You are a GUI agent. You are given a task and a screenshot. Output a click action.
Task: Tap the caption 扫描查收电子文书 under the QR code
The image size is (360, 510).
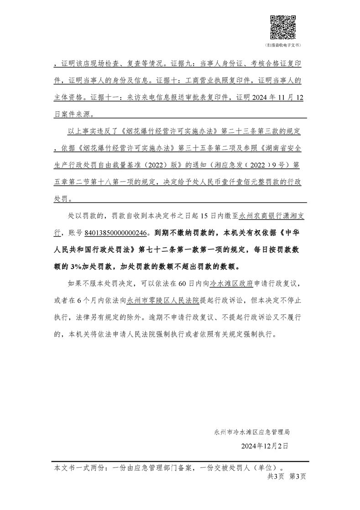pyautogui.click(x=283, y=46)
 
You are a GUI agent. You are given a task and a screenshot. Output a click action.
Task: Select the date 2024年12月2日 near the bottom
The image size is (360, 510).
pyautogui.click(x=265, y=446)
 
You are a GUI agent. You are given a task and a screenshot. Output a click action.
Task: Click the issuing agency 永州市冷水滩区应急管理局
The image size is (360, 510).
pyautogui.click(x=252, y=431)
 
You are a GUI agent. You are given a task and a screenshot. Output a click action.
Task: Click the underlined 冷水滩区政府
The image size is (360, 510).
pyautogui.click(x=231, y=283)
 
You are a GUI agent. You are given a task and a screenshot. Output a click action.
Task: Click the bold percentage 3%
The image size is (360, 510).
pyautogui.click(x=75, y=266)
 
